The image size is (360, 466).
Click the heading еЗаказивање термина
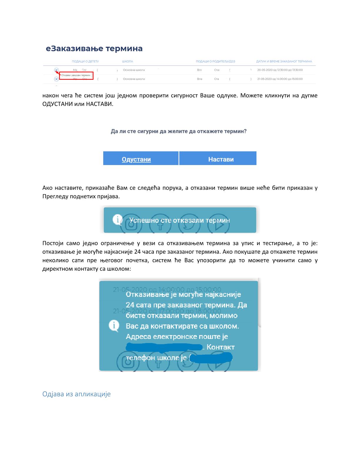click(x=94, y=49)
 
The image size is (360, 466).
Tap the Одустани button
click(x=136, y=159)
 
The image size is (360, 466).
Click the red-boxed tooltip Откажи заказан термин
click(x=76, y=75)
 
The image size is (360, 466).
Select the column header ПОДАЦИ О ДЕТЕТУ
click(x=85, y=61)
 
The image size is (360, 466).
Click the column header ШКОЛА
click(x=127, y=61)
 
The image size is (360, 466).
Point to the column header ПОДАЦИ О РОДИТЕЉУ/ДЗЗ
click(x=215, y=61)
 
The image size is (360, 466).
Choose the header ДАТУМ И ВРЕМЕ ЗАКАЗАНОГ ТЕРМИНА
click(x=284, y=61)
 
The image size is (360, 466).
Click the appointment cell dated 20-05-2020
click(x=280, y=70)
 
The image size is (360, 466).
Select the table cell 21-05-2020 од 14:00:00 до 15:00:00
click(x=280, y=79)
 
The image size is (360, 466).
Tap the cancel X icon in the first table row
click(x=56, y=70)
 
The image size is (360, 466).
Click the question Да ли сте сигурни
click(x=179, y=131)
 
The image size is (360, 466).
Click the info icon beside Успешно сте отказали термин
click(x=118, y=220)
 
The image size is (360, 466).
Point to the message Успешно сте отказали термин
click(x=180, y=220)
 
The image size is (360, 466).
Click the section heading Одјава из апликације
click(x=76, y=394)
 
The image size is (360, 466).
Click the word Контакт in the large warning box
click(x=221, y=347)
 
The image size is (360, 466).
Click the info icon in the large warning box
click(x=114, y=326)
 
